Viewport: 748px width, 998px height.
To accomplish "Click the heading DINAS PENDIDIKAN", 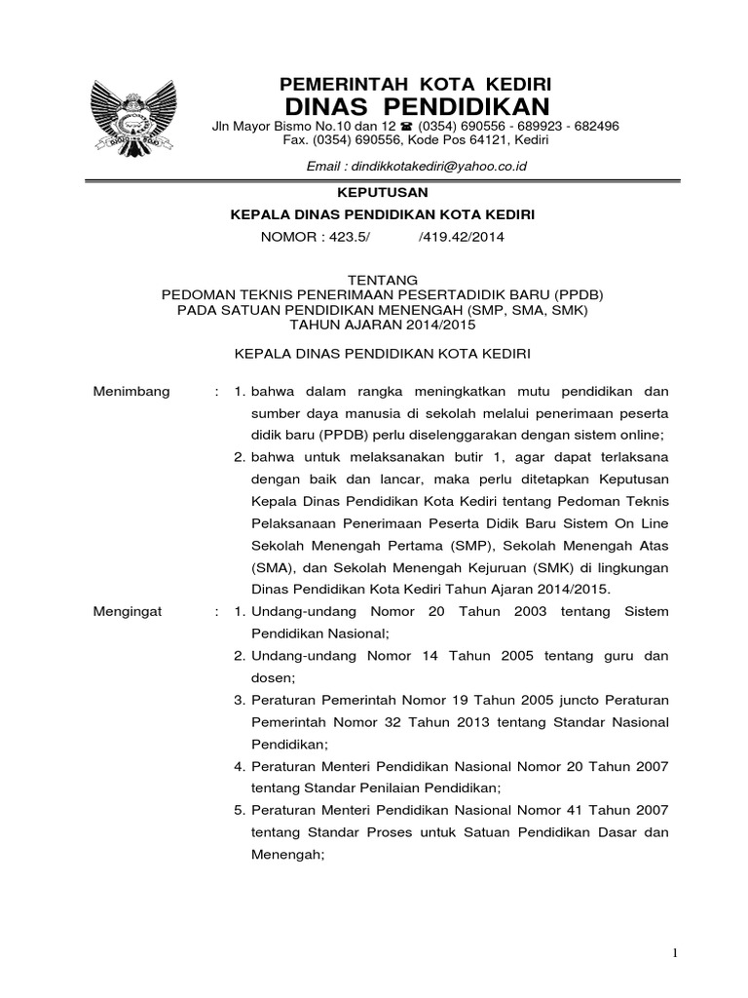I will (x=416, y=105).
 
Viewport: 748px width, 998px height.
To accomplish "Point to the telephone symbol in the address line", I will (x=406, y=128).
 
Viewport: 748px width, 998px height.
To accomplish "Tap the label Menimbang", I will (x=131, y=391).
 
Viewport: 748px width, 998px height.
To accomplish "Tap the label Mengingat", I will (x=130, y=612).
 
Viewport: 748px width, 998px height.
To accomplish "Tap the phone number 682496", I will (x=592, y=128).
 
